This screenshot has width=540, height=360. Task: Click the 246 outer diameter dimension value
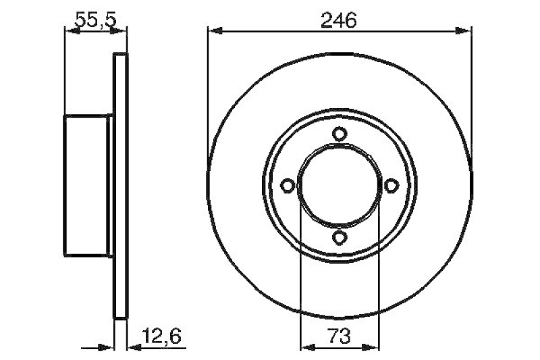(x=339, y=20)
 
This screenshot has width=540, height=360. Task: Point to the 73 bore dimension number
(x=339, y=334)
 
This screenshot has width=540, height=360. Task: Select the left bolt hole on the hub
(x=288, y=185)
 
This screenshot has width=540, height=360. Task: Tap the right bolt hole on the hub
(x=390, y=185)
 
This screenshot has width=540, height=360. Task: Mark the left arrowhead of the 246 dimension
(x=215, y=30)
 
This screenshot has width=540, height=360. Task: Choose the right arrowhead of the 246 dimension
(x=463, y=30)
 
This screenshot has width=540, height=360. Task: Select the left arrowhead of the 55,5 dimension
(x=71, y=30)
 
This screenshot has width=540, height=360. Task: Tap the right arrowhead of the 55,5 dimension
(x=119, y=30)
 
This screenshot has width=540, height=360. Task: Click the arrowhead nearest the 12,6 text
(x=134, y=348)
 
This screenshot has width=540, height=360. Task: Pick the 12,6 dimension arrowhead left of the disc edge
(x=107, y=348)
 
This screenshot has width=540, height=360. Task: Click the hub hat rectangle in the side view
(x=86, y=185)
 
